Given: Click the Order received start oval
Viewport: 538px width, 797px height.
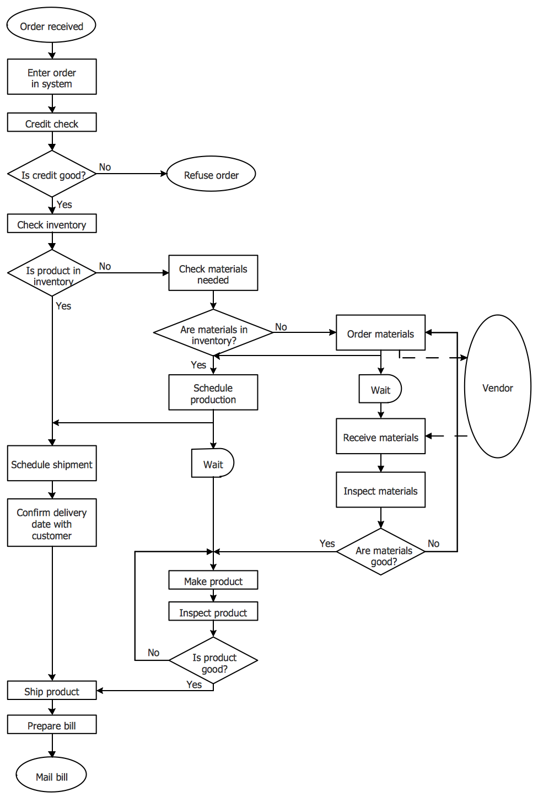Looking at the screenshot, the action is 52,25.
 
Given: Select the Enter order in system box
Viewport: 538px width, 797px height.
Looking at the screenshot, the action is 52,77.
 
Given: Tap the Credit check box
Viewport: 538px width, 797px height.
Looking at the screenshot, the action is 52,122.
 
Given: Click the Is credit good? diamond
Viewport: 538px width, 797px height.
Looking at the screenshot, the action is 52,174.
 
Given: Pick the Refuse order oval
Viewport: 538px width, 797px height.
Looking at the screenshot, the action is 211,174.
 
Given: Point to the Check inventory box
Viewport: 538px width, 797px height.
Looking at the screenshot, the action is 52,223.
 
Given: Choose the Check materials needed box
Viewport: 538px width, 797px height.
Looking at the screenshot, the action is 213,273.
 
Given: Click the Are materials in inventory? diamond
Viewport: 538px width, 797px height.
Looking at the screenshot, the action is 213,332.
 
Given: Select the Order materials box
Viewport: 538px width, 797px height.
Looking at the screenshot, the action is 381,332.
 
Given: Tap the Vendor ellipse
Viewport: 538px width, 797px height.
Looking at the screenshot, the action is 498,386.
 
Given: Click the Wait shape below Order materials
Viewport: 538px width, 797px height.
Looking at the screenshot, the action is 380,389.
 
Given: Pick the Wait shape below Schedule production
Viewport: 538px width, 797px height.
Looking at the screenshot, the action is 213,462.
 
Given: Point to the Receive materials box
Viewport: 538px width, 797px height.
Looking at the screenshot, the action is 381,436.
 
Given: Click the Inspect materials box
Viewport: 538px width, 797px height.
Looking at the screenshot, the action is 381,489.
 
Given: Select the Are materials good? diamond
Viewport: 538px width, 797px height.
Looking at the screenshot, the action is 381,552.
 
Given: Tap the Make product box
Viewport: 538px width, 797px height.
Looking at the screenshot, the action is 213,580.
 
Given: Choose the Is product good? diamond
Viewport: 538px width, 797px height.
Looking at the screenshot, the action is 213,660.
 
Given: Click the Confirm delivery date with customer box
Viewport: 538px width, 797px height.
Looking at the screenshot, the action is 52,523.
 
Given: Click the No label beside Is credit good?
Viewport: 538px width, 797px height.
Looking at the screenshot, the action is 105,167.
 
